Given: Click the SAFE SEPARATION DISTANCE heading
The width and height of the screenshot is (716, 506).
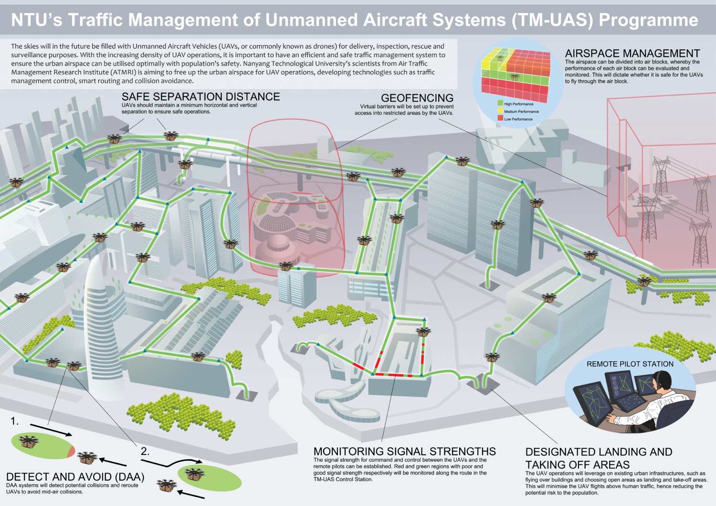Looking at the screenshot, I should [200, 96].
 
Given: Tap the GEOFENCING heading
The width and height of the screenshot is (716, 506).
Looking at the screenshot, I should [417, 98].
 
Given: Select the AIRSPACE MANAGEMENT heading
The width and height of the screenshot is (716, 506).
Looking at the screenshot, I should [632, 53].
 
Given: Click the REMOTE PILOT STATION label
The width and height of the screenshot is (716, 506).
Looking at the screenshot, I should [630, 364].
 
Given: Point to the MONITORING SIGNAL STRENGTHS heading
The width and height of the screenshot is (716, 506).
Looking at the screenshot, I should [404, 452].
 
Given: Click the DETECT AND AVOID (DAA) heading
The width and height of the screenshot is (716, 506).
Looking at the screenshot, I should [75, 477].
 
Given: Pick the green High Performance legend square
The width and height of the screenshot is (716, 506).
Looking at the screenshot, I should [500, 103].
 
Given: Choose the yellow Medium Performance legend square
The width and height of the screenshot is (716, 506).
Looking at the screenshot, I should [500, 111].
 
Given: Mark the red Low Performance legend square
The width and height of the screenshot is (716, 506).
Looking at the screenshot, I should [500, 118].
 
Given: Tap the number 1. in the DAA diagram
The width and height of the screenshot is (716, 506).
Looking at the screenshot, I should [15, 421].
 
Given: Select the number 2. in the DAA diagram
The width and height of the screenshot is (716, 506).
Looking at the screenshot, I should [145, 451].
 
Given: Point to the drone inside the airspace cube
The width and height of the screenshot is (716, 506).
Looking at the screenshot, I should [514, 76].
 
